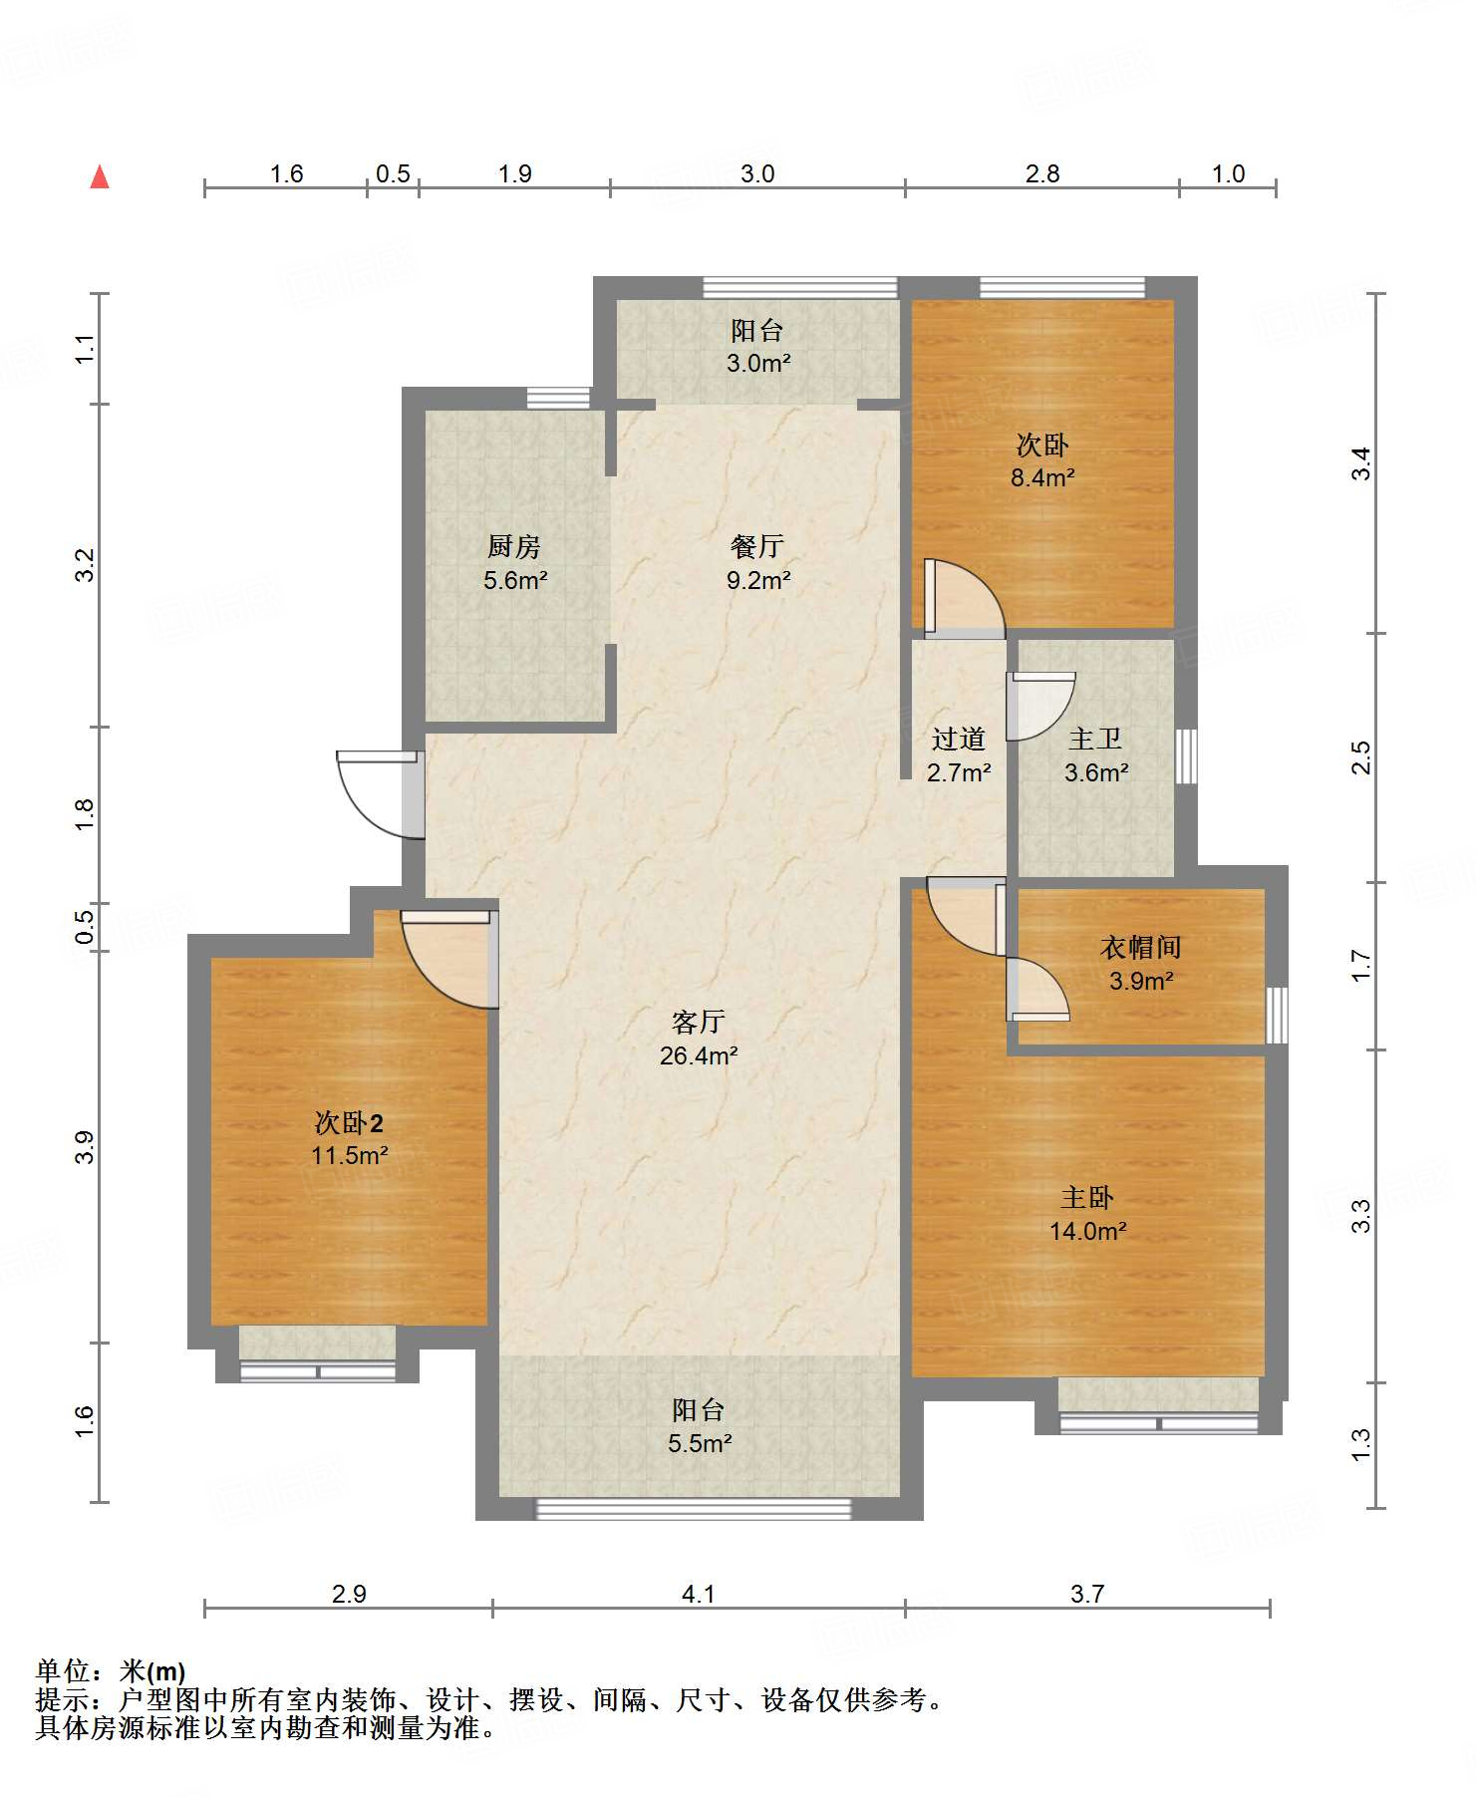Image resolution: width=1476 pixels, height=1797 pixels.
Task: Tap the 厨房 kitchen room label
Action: [x=514, y=546]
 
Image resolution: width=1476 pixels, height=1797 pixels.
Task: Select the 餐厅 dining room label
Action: [x=757, y=546]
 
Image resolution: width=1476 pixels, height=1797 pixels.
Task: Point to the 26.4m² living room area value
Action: [x=699, y=1055]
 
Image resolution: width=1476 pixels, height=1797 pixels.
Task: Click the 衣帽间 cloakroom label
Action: [x=1141, y=947]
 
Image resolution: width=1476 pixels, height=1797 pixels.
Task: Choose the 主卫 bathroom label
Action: [x=1095, y=739]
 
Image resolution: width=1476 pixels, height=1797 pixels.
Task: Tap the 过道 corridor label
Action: [x=959, y=739]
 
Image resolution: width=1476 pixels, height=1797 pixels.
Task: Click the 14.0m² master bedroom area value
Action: [x=1087, y=1231]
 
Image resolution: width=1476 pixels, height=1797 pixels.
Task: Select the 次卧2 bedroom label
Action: [x=349, y=1123]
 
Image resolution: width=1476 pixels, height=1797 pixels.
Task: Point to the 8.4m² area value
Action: [x=1042, y=477]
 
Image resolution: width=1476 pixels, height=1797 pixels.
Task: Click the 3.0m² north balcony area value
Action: [x=758, y=363]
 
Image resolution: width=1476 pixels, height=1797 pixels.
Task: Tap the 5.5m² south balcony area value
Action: [x=701, y=1443]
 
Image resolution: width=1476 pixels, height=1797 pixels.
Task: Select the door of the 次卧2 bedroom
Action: [x=449, y=959]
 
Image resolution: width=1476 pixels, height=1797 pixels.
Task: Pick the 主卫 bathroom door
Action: [x=1040, y=707]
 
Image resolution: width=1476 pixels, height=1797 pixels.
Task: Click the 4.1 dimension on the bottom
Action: [x=699, y=1594]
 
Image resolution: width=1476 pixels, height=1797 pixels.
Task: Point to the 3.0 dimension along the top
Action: [x=757, y=173]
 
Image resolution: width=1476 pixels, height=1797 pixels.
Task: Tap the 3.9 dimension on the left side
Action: [x=85, y=1147]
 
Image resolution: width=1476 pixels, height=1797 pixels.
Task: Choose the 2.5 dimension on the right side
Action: [x=1361, y=757]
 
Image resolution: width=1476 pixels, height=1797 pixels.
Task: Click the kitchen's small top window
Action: [x=558, y=398]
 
